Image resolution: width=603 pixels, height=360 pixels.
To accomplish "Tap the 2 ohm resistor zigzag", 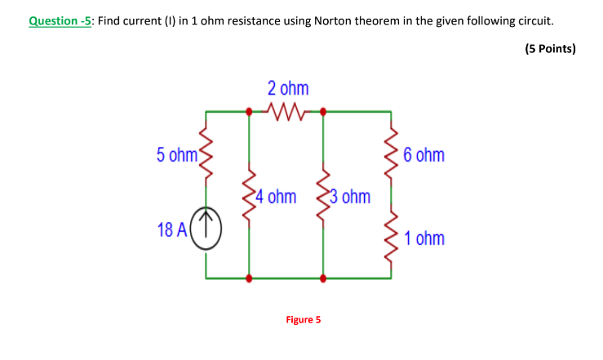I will point(286,110).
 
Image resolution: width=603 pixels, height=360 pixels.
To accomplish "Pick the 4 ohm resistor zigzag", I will point(249,197).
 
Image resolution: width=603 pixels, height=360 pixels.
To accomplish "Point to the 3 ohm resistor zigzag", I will point(324,197).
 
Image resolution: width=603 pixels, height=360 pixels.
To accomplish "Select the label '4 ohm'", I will point(275,198).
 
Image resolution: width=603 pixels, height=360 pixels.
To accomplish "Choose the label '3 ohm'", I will point(350,198).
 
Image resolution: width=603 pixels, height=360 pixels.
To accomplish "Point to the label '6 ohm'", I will point(424,154).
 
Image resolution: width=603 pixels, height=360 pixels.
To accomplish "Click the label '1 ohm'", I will point(424,238).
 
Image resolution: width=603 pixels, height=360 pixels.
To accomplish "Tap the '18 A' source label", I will point(172,229).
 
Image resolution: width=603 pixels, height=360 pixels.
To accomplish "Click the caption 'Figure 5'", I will point(304,319).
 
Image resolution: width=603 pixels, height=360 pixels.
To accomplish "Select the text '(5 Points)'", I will point(550,48).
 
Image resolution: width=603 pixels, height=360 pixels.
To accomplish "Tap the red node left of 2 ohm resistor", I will point(249,110).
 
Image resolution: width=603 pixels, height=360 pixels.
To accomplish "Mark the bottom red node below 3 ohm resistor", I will point(324,278).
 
